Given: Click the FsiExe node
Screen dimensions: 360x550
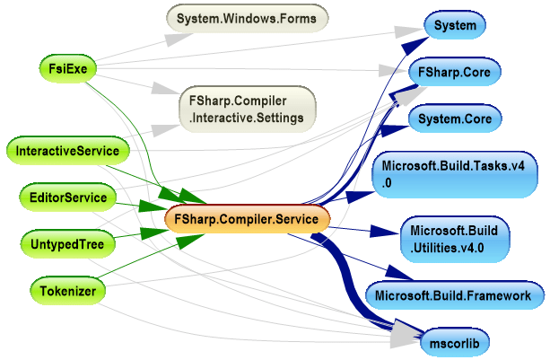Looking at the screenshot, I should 68,67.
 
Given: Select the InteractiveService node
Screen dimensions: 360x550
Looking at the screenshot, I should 67,150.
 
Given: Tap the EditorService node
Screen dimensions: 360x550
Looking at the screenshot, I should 67,198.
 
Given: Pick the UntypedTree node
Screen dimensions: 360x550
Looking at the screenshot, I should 67,243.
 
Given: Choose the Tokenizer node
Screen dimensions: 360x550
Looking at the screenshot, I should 67,290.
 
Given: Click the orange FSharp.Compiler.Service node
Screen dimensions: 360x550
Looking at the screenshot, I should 248,218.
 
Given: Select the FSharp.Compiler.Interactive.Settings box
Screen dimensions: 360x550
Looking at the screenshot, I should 247,109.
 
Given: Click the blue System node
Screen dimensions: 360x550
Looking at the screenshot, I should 454,26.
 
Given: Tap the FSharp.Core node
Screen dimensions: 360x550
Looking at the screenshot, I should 454,71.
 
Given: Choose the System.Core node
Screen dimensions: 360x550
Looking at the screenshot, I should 454,119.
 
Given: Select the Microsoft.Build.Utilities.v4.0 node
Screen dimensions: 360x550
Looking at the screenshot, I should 454,240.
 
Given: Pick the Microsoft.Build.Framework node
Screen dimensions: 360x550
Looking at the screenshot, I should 454,294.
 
